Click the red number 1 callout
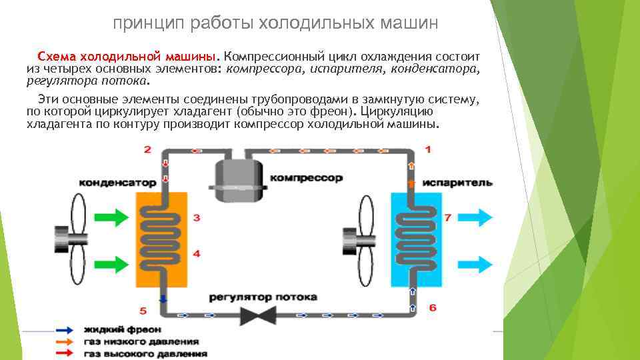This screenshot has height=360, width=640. pos(428,149)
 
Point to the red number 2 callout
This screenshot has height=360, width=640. pos(147,149)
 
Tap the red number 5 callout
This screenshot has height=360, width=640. pos(143,311)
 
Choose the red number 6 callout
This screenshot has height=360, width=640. pos(431,307)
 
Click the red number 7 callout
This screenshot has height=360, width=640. pos(447,217)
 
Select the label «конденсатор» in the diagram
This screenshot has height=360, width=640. pos(117,182)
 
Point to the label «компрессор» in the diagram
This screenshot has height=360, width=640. pos(307,178)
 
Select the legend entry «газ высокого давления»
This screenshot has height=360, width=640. pos(145,353)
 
